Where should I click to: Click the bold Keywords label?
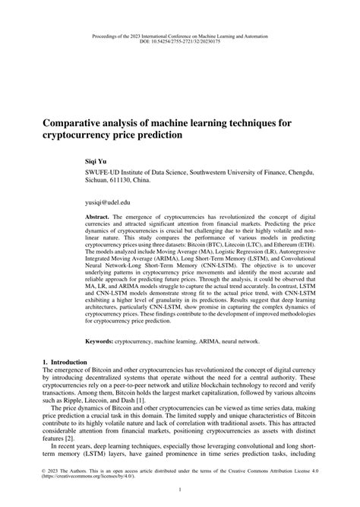point(100,342)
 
